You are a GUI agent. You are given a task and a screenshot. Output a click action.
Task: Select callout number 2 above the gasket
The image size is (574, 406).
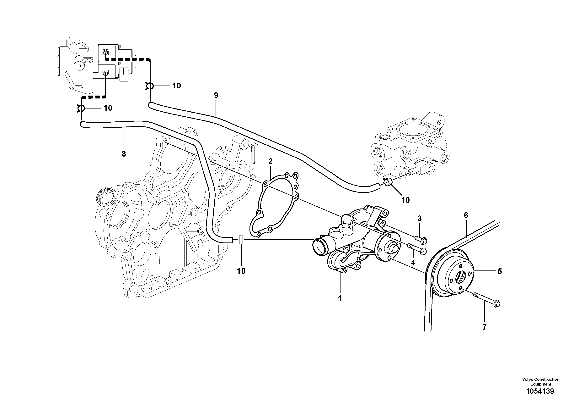(x=270, y=161)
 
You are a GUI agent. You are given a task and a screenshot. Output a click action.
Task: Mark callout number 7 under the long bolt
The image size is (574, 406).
(x=485, y=327)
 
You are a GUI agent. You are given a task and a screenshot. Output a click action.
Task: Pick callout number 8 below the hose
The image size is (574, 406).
(x=124, y=154)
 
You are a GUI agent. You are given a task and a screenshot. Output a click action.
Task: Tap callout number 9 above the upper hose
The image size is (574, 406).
(x=216, y=95)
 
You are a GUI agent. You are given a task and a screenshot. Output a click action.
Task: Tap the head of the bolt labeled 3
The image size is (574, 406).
(x=424, y=241)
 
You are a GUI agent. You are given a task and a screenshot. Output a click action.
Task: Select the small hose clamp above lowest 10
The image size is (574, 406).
(x=241, y=240)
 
